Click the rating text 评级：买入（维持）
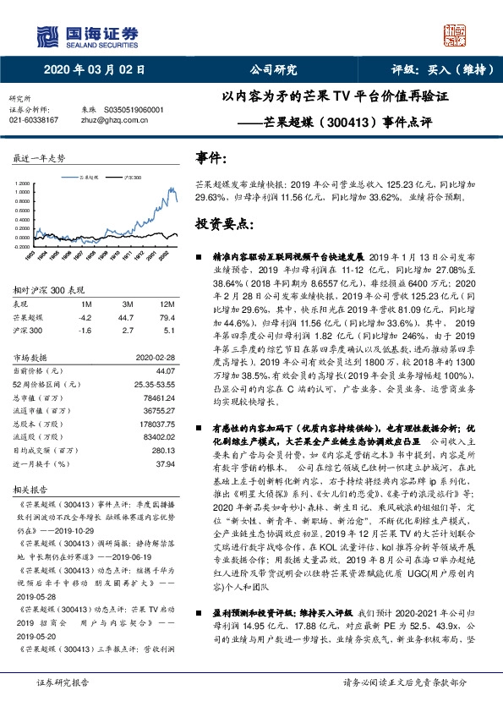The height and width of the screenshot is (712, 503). [436, 70]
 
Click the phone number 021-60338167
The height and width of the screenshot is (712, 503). [34, 120]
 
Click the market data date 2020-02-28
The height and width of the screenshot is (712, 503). [155, 358]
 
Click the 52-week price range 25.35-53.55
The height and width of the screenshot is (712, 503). [153, 384]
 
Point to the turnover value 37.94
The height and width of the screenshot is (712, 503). [165, 464]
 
